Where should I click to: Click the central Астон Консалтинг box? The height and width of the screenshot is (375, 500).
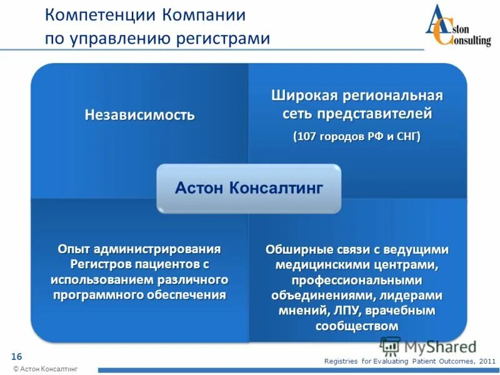248,188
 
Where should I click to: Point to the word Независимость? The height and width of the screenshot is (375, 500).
139,116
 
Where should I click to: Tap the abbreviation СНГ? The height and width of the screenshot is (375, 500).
406,137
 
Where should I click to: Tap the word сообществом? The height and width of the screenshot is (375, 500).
357,326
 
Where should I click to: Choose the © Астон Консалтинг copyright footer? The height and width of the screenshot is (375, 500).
46,369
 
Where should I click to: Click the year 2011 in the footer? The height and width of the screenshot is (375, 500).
486,361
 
